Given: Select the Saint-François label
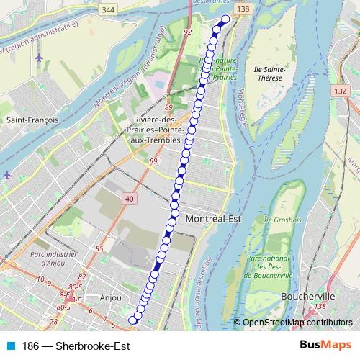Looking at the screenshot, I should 27,120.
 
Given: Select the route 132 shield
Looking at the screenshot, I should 341,91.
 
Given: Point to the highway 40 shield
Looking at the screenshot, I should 129,198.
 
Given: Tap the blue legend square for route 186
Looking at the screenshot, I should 9,346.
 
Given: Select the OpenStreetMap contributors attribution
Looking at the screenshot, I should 297,323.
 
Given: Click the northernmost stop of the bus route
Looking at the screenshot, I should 226,19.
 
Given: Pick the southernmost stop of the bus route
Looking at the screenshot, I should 132,320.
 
